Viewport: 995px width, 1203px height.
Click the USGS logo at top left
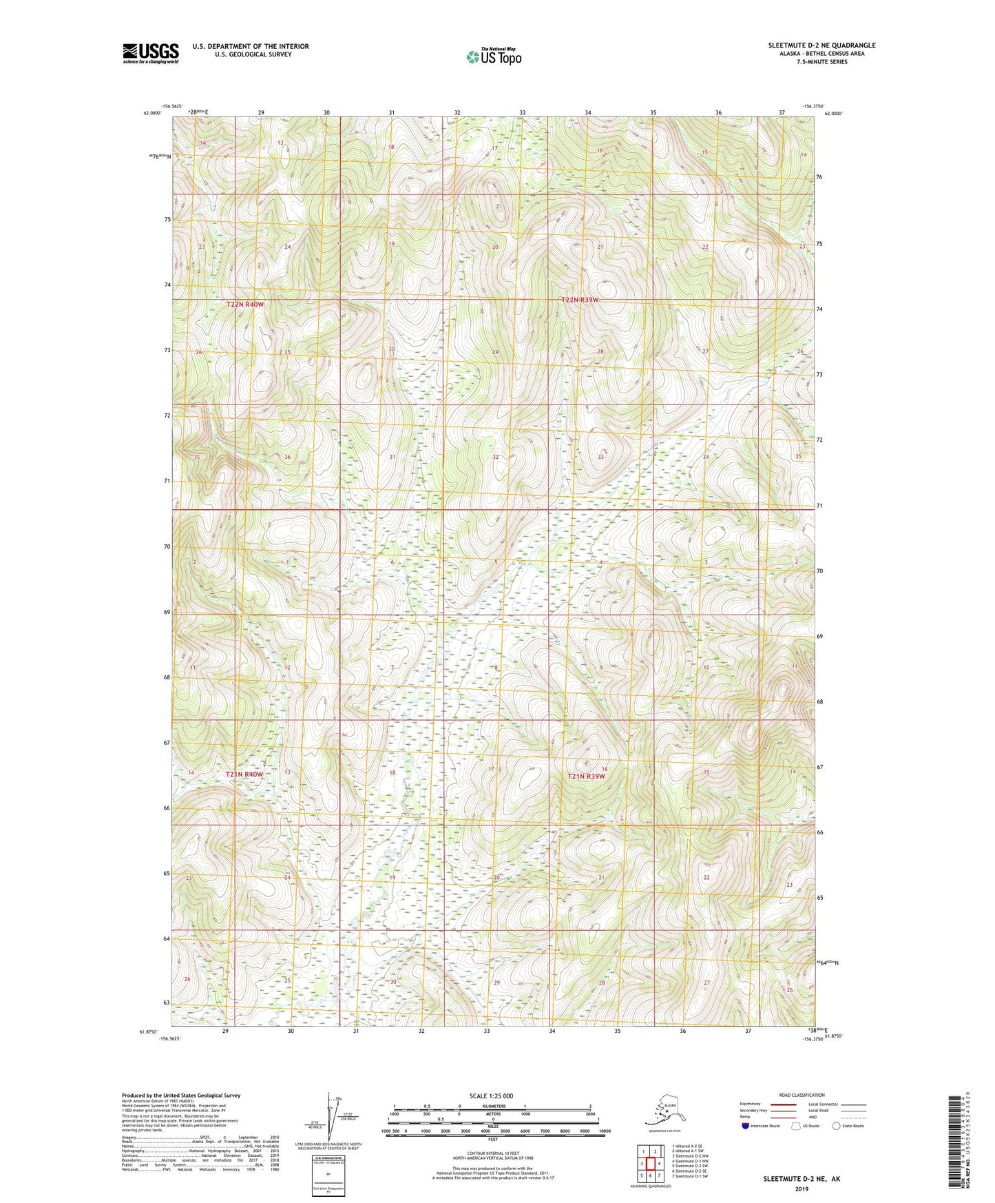(150, 52)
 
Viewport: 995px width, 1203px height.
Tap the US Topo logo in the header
(493, 56)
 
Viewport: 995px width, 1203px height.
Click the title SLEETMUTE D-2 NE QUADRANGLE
(821, 45)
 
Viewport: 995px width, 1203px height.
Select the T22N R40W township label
(245, 304)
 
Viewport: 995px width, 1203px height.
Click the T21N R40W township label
(244, 774)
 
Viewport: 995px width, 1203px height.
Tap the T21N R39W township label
(586, 777)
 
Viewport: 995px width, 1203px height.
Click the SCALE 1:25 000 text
(491, 1096)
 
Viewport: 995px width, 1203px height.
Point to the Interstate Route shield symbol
(746, 1127)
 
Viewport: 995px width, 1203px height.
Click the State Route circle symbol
(837, 1127)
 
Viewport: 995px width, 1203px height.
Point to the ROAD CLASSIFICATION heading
(802, 1095)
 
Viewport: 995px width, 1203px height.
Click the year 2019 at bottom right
(801, 1189)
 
